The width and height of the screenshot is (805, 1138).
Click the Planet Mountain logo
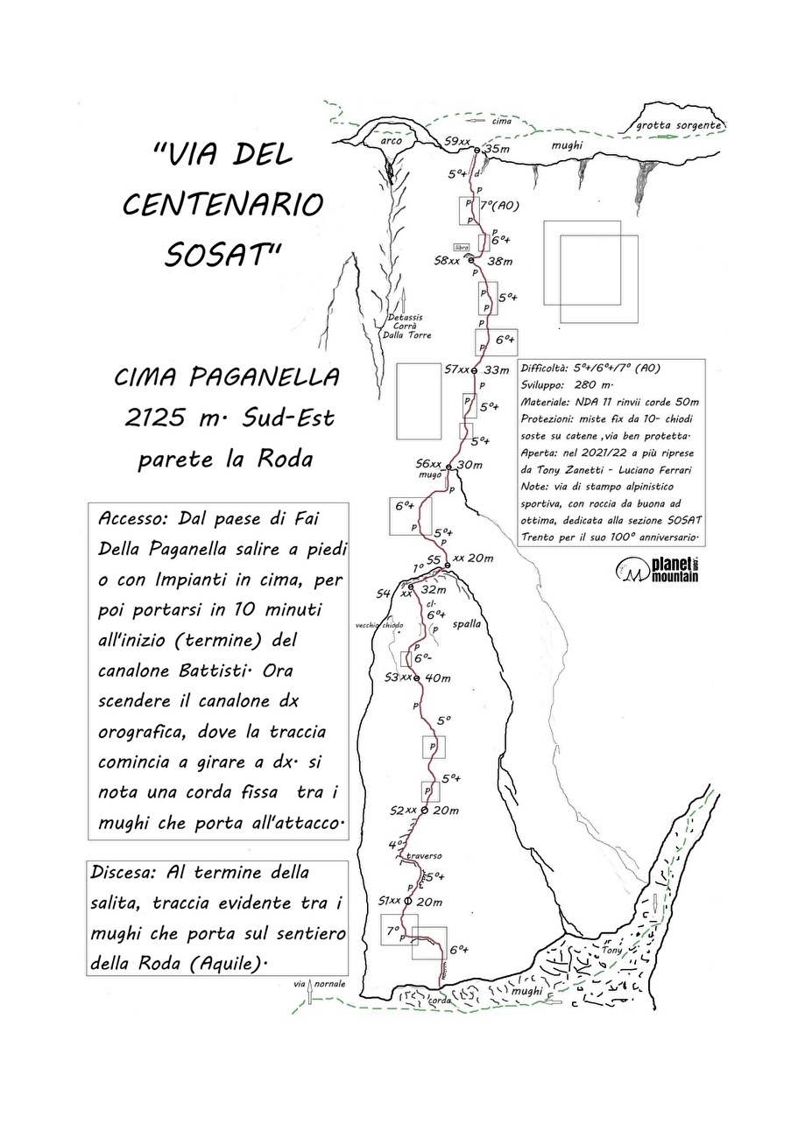(657, 570)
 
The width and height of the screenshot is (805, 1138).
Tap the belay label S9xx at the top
(457, 142)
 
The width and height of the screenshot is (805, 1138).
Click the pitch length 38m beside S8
(500, 261)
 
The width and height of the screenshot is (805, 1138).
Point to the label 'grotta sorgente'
(679, 125)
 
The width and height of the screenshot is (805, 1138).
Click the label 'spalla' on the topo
(463, 625)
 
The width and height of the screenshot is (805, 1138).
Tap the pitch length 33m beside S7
(496, 370)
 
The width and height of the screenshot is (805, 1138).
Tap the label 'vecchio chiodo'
(380, 625)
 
